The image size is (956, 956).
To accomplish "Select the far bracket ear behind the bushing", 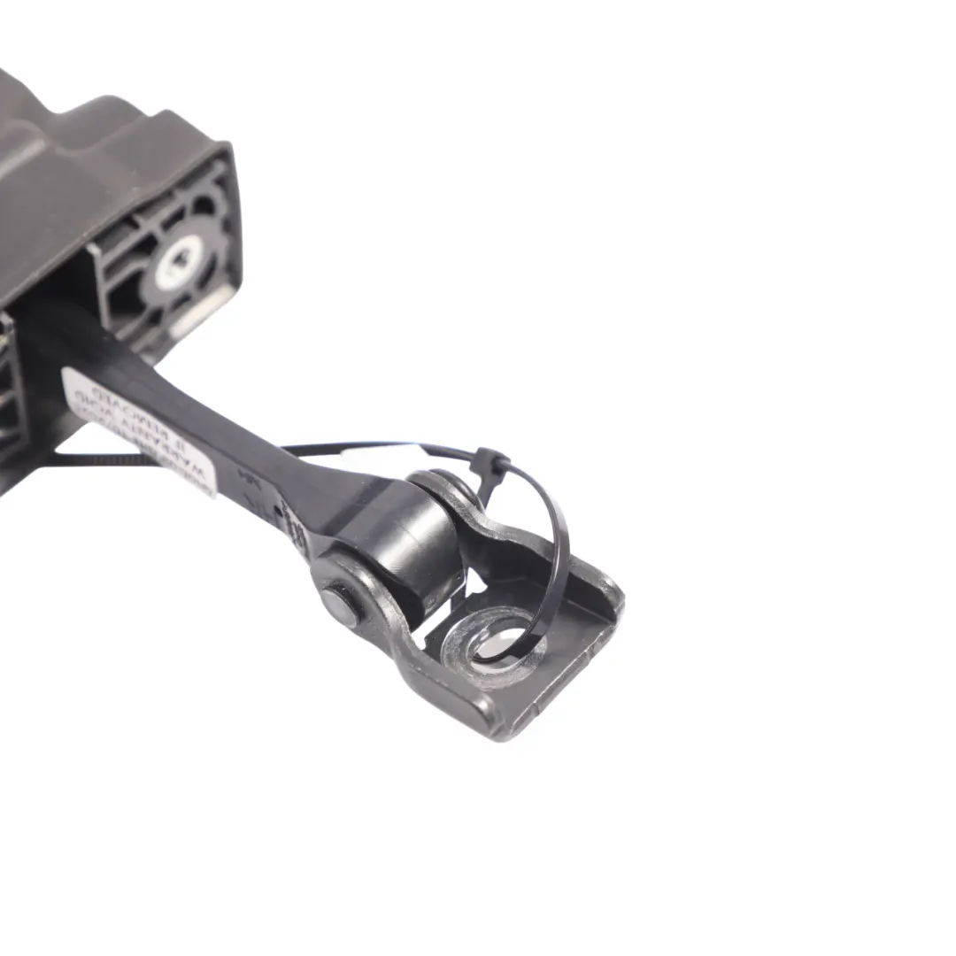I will pos(451,496).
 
